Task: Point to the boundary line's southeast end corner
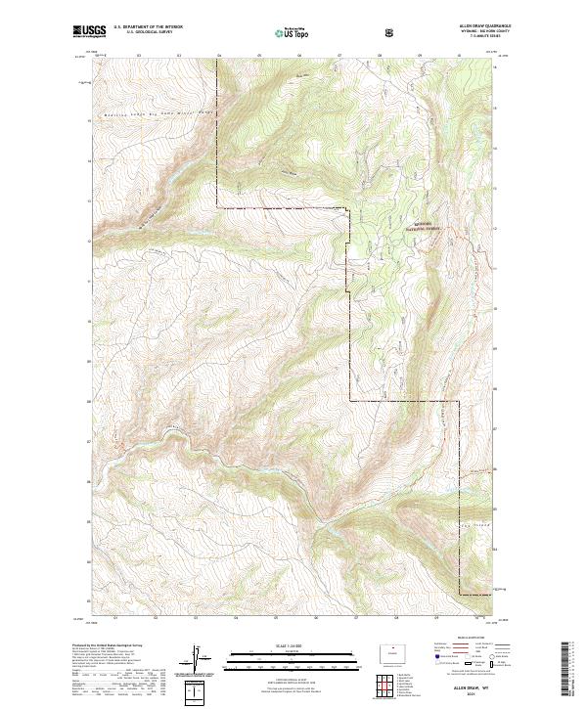click(458, 595)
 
